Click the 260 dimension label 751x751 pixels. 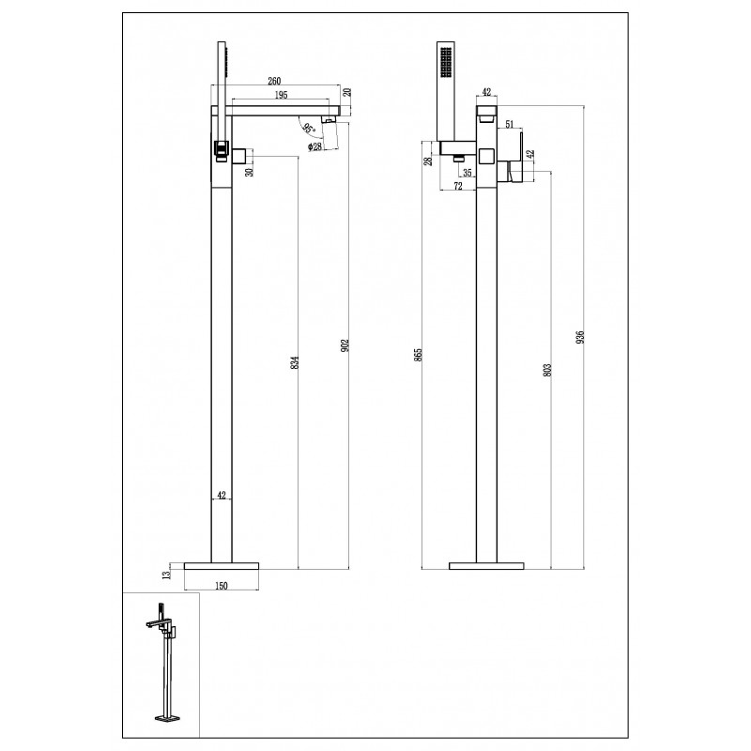[274, 81]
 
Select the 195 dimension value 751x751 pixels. [281, 95]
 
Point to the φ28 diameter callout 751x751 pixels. [314, 146]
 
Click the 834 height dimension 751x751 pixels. [295, 362]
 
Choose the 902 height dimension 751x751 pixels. [345, 345]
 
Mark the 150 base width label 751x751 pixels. [222, 585]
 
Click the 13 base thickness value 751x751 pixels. [167, 575]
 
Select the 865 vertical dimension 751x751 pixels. [418, 355]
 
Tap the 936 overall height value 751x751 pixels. [580, 337]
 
